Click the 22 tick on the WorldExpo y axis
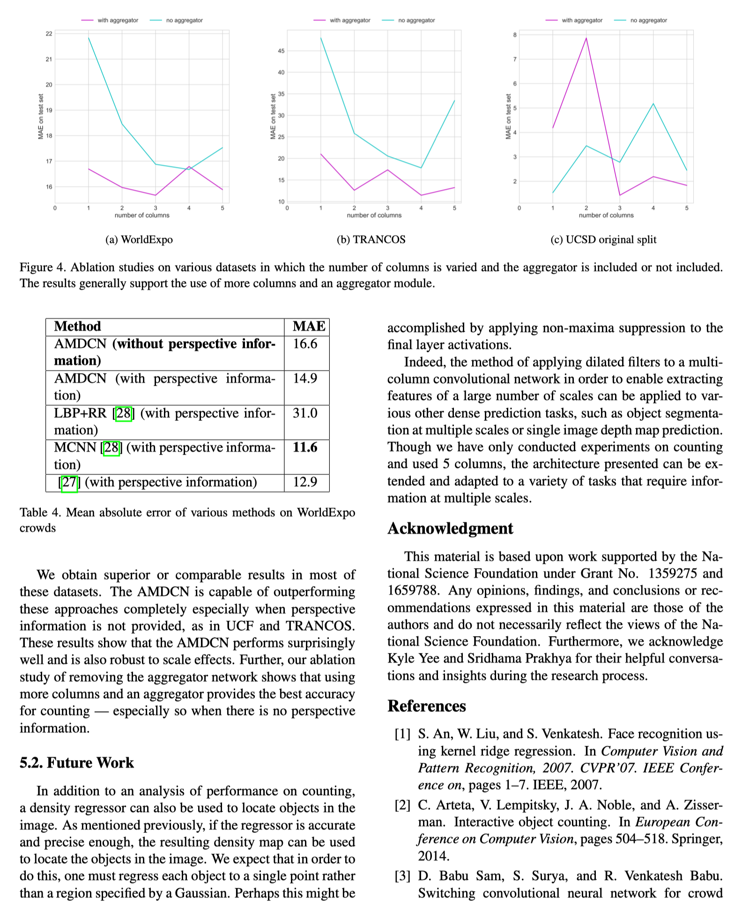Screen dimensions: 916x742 [x=49, y=34]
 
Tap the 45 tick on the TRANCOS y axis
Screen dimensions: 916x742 [x=281, y=51]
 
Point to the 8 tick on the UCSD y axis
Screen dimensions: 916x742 [x=515, y=35]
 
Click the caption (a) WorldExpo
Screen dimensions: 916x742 [x=139, y=240]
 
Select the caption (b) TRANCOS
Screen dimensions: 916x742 [x=371, y=240]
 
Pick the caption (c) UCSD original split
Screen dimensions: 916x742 [x=603, y=240]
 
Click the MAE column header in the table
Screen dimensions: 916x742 [x=308, y=326]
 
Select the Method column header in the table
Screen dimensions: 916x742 [x=77, y=326]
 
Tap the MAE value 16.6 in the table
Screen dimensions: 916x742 [x=305, y=344]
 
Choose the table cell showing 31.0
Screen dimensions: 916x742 [x=305, y=413]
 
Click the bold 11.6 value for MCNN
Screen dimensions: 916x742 [x=305, y=447]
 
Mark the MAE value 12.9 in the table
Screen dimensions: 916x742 [x=305, y=482]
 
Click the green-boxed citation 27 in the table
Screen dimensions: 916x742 [x=69, y=482]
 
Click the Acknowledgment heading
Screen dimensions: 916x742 [x=450, y=528]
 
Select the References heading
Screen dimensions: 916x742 [x=427, y=706]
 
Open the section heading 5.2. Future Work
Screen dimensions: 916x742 [x=77, y=763]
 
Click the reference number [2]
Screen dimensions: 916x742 [x=402, y=805]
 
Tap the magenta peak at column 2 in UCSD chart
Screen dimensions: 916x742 [x=586, y=38]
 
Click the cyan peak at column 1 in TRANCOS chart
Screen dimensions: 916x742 [x=321, y=38]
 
